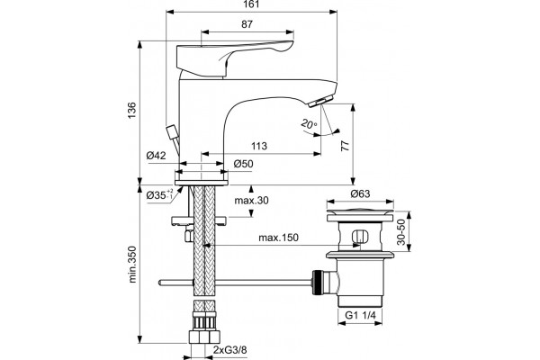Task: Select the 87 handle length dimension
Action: pyautogui.click(x=247, y=24)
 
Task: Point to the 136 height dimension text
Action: pyautogui.click(x=132, y=110)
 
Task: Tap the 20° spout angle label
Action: pyautogui.click(x=309, y=123)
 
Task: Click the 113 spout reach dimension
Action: pyautogui.click(x=259, y=146)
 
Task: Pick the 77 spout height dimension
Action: pyautogui.click(x=345, y=146)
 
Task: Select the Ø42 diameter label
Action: pyautogui.click(x=156, y=156)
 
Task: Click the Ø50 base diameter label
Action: pyautogui.click(x=243, y=164)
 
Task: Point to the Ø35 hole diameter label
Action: pyautogui.click(x=159, y=195)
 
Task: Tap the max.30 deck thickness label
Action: pyautogui.click(x=251, y=201)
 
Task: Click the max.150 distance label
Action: pyautogui.click(x=278, y=238)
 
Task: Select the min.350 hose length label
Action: pyautogui.click(x=132, y=265)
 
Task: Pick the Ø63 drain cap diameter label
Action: pyautogui.click(x=360, y=194)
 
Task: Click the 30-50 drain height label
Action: pyautogui.click(x=401, y=232)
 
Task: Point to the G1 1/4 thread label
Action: pyautogui.click(x=361, y=315)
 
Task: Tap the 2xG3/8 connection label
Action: pyautogui.click(x=229, y=350)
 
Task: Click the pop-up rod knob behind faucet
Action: pyautogui.click(x=172, y=131)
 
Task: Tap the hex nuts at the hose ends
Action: pyautogui.click(x=204, y=337)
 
